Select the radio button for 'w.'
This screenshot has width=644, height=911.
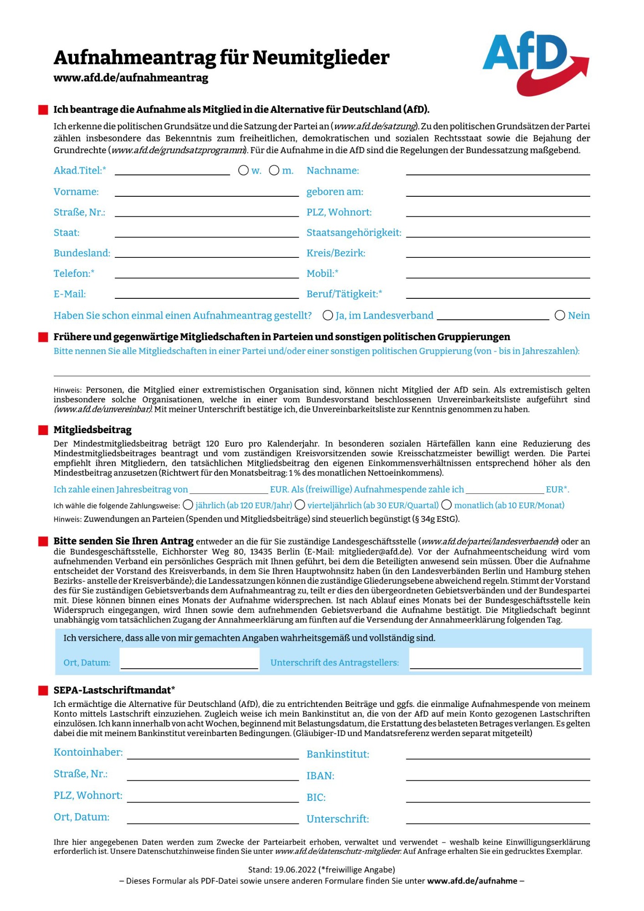point(243,170)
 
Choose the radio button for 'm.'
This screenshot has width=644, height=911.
point(274,170)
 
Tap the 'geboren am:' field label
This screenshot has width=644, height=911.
point(335,192)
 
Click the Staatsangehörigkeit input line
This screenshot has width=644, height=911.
point(498,233)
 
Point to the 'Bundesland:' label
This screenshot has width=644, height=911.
point(82,253)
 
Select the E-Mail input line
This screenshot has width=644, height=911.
point(207,294)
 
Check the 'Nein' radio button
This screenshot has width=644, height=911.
point(560,315)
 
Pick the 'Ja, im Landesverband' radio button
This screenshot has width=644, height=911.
point(327,315)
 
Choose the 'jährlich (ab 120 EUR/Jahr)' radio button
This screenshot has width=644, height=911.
point(188,505)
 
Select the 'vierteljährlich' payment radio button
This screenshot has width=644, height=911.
point(300,505)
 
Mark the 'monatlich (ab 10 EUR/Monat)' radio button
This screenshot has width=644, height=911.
point(446,505)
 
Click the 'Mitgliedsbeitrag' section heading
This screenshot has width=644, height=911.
point(92,430)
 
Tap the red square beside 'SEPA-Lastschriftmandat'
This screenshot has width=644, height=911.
point(43,691)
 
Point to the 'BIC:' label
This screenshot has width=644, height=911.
point(316,798)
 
